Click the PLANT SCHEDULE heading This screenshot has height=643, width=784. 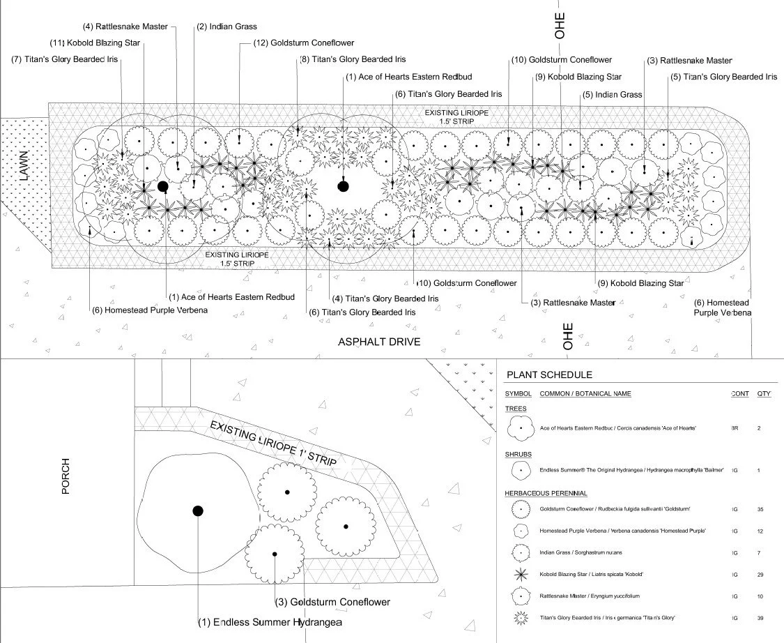point(549,375)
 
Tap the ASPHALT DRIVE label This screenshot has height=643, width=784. point(380,342)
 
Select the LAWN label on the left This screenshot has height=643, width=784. point(25,169)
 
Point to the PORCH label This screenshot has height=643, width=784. point(66,476)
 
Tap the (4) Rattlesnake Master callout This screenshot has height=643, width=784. point(125,27)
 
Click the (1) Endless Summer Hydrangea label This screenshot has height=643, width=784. point(270,622)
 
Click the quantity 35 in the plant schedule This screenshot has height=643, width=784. point(760,509)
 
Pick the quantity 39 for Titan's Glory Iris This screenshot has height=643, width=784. point(760,618)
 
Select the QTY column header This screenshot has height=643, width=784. point(764,393)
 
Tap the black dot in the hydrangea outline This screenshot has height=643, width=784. point(198,511)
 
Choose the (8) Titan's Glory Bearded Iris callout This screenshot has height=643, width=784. point(352,60)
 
